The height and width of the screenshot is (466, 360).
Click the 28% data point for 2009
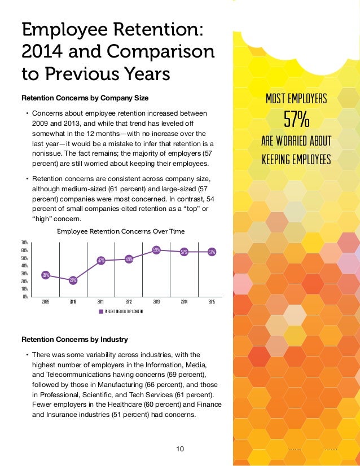tap(46, 275)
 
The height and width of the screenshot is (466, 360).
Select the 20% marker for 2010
tap(73, 280)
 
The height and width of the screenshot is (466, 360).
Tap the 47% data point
tap(101, 261)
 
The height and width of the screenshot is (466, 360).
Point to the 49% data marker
tap(129, 259)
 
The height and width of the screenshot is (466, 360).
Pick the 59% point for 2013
tap(156, 249)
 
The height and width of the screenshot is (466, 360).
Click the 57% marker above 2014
tap(184, 252)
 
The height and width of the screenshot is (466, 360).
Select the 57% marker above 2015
tap(212, 252)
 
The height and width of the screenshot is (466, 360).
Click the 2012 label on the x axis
tap(129, 302)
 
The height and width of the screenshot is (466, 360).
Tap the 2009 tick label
tap(46, 302)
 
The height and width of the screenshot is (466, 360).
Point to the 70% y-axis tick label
tap(25, 242)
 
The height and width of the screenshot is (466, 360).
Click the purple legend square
tap(101, 311)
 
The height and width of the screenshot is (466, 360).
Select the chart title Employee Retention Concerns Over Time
tap(121, 231)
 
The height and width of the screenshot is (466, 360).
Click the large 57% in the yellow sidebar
tap(296, 120)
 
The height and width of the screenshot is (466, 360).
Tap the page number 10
tap(181, 449)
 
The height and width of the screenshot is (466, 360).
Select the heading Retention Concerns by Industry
tap(74, 340)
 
